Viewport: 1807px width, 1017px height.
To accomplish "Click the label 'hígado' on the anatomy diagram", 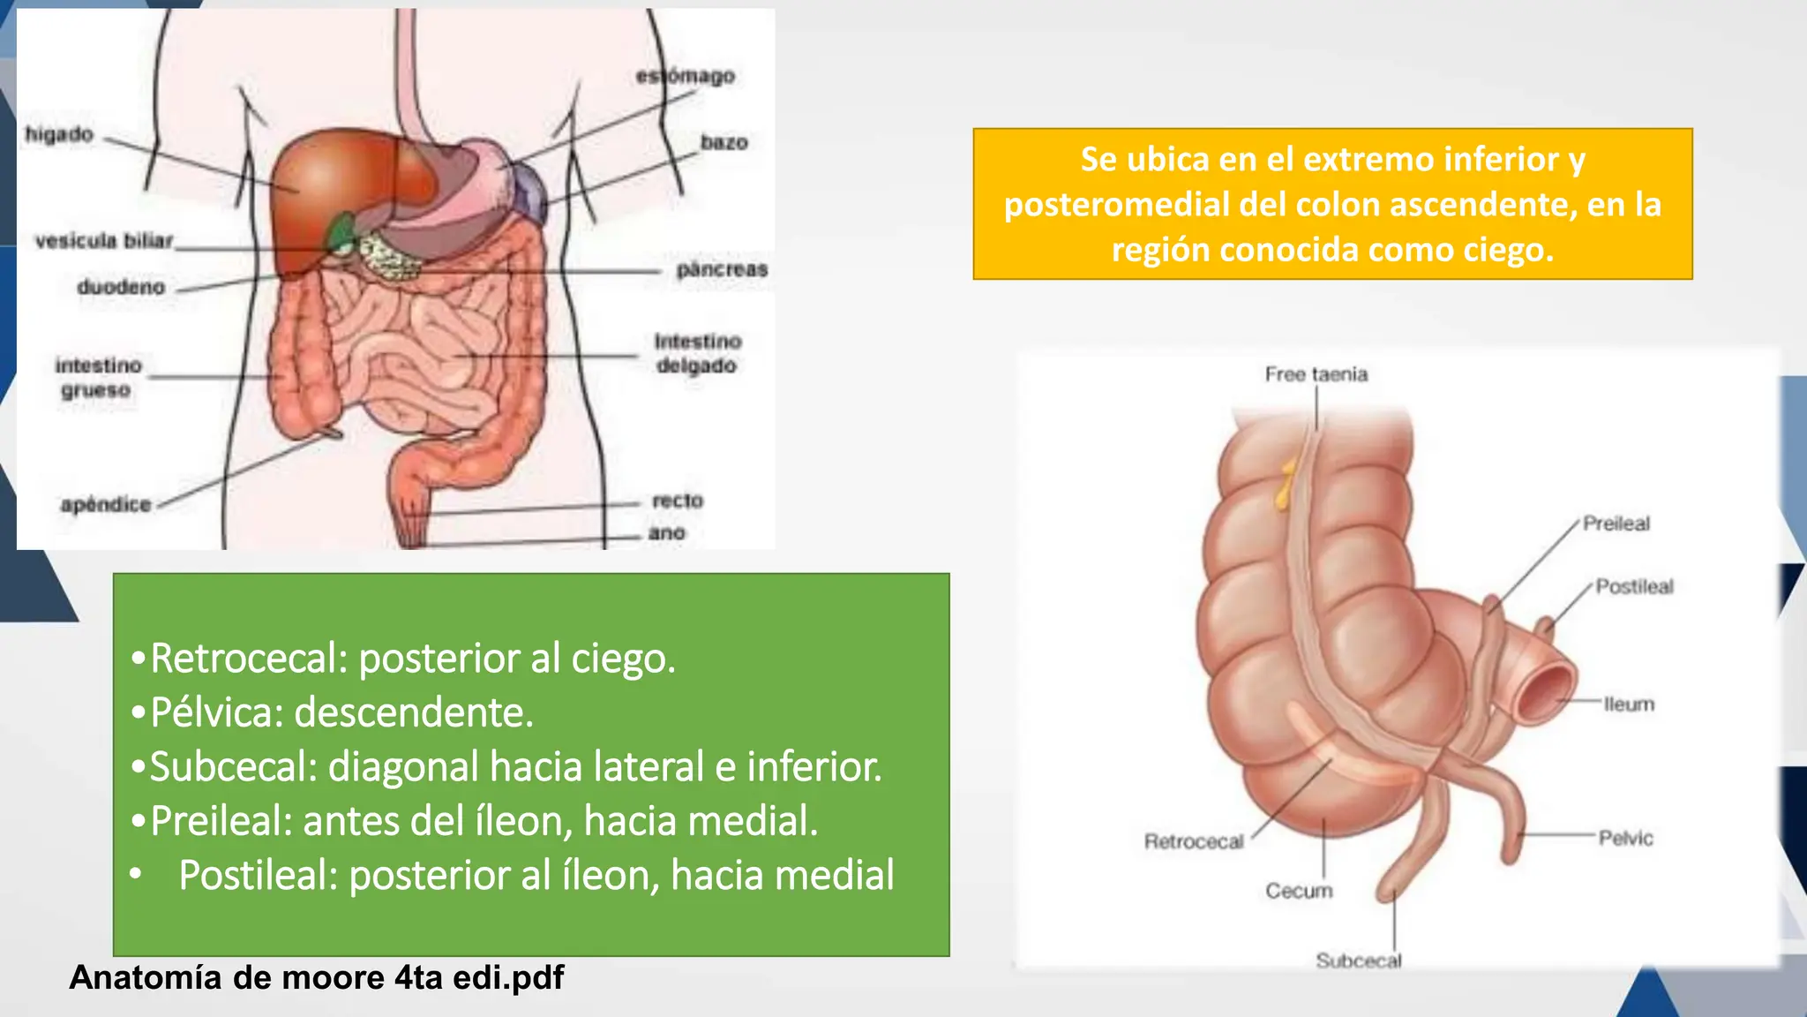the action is [59, 134].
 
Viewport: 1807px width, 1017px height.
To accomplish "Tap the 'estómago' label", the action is [686, 77].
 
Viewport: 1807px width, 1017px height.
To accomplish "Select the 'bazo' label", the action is [724, 142].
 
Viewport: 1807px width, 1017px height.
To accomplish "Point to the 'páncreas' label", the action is [722, 269].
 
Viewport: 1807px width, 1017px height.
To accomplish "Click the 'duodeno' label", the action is [121, 287].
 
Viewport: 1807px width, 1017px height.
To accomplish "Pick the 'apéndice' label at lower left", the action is [106, 504].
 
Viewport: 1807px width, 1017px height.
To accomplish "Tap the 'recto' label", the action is [678, 501].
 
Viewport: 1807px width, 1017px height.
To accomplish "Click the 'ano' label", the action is [666, 532].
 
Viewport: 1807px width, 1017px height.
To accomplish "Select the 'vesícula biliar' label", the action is [104, 240].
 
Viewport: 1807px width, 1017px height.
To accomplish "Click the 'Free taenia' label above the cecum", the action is [1316, 374].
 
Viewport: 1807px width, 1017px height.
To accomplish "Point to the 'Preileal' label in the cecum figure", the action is [1616, 524].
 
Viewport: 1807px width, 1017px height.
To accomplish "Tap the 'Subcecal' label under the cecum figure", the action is [1358, 960].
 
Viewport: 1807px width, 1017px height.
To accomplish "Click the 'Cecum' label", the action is [1299, 891].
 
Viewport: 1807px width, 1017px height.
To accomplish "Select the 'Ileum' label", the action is [1629, 704].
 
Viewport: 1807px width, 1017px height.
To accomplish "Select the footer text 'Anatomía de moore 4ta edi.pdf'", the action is [316, 978].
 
